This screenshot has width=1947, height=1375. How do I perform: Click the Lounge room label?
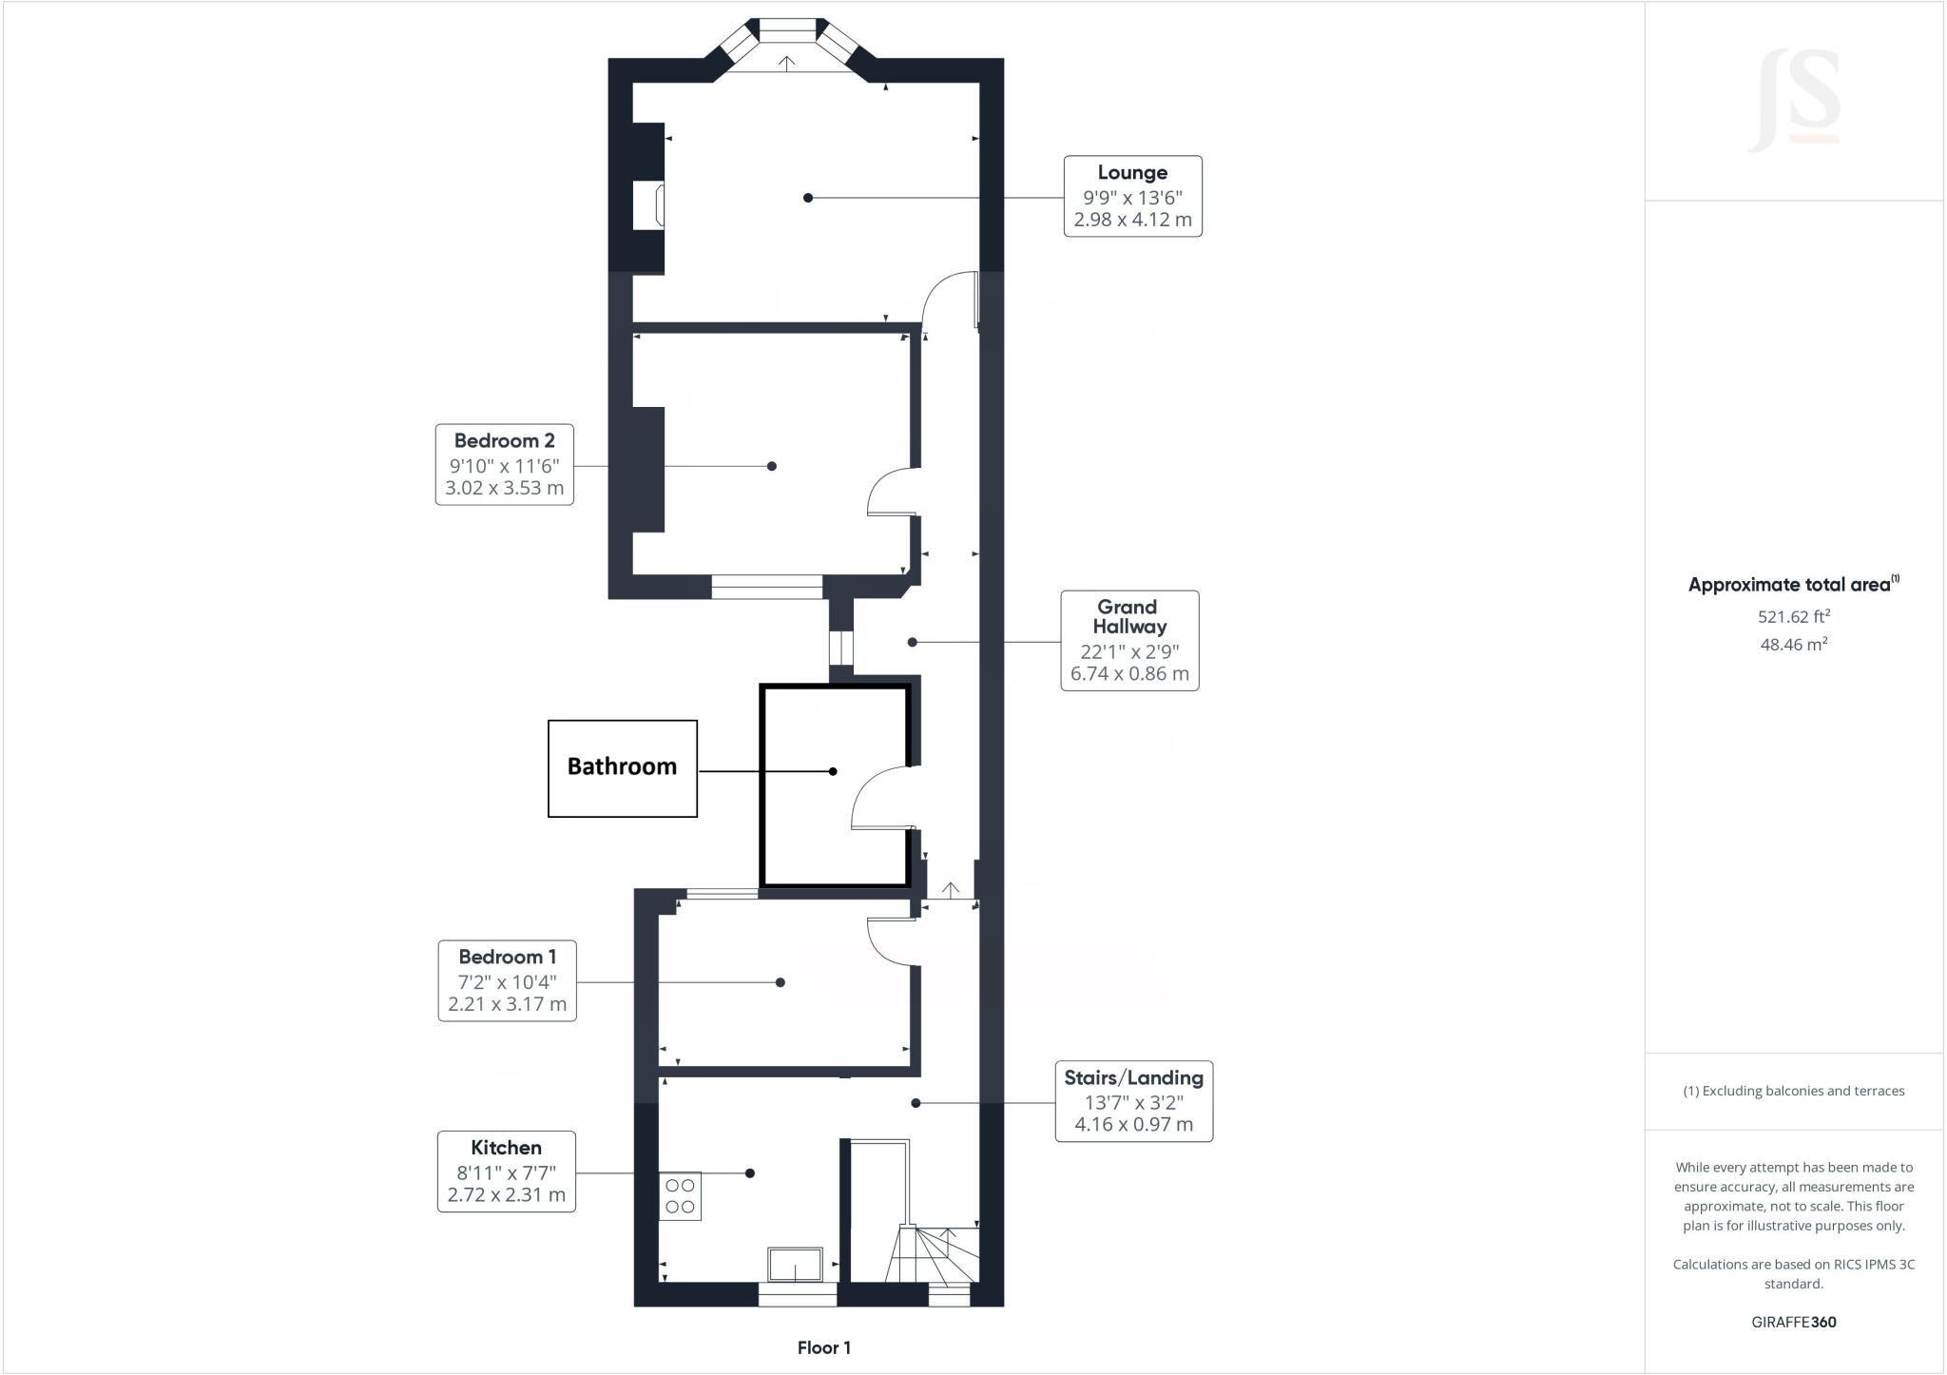1132,196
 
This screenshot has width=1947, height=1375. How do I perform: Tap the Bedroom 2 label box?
505,464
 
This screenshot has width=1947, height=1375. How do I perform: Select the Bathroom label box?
623,768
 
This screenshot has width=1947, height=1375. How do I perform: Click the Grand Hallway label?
1129,640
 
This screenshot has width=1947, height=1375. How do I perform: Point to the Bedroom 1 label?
507,980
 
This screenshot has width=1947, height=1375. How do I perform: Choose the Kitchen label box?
507,1171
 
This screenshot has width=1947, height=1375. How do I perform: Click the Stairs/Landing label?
1134,1101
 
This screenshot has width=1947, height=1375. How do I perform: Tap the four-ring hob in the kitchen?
680,1196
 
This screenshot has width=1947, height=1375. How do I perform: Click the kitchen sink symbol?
796,1264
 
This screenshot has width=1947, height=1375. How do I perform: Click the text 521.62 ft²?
1794,616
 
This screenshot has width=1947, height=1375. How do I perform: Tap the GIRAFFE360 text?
1794,1322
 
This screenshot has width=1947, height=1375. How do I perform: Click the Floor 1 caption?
824,1347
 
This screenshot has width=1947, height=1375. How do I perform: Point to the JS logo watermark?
1795,100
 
